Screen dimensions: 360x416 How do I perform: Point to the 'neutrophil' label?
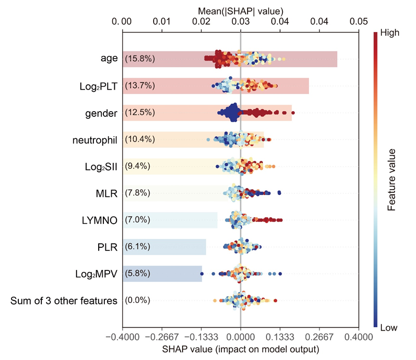tap(94, 140)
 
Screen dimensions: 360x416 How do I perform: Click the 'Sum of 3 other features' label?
tap(64, 301)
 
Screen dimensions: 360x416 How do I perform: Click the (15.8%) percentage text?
tap(140, 59)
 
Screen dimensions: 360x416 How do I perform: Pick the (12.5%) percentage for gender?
tap(140, 113)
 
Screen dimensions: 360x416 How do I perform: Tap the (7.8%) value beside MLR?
tap(137, 193)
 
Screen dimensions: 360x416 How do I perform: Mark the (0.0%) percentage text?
tap(137, 301)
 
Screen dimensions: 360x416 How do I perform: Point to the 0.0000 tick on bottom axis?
tap(240, 336)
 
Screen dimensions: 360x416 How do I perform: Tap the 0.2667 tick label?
tap(319, 336)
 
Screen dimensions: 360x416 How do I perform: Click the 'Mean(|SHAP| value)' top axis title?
tap(240, 10)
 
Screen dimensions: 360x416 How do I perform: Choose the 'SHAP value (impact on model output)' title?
tap(240, 348)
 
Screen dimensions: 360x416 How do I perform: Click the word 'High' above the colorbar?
tap(389, 32)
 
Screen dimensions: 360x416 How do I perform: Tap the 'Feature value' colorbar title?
tap(391, 180)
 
